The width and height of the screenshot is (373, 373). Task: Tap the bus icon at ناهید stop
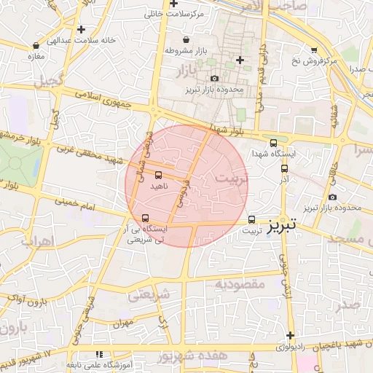click(x=159, y=175)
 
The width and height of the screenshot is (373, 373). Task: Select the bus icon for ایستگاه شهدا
click(x=273, y=143)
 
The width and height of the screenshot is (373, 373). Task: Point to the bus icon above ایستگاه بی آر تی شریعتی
click(x=146, y=218)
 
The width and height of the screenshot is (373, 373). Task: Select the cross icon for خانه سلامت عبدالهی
click(x=81, y=29)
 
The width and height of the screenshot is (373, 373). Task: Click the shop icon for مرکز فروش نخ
click(x=314, y=50)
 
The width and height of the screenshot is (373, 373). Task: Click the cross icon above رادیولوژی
click(x=291, y=336)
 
